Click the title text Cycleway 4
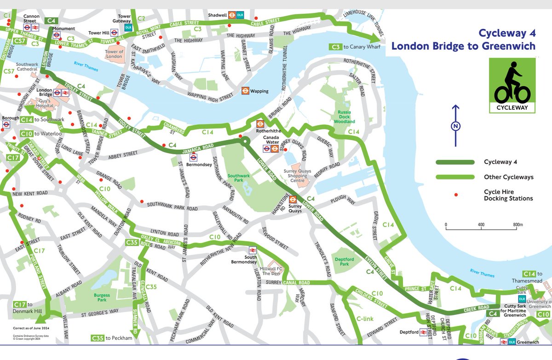pyautogui.click(x=507, y=34)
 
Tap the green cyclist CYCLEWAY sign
pyautogui.click(x=512, y=85)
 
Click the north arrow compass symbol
pyautogui.click(x=455, y=125)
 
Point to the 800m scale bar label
pyautogui.click(x=517, y=225)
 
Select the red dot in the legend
pyautogui.click(x=456, y=195)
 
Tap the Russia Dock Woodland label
pyautogui.click(x=345, y=117)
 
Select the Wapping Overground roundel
pyautogui.click(x=245, y=91)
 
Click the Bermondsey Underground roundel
pyautogui.click(x=193, y=158)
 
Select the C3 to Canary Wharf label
pyautogui.click(x=354, y=47)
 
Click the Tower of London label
pyautogui.click(x=115, y=54)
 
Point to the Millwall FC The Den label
pyautogui.click(x=271, y=271)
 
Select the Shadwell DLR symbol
pyautogui.click(x=241, y=15)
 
